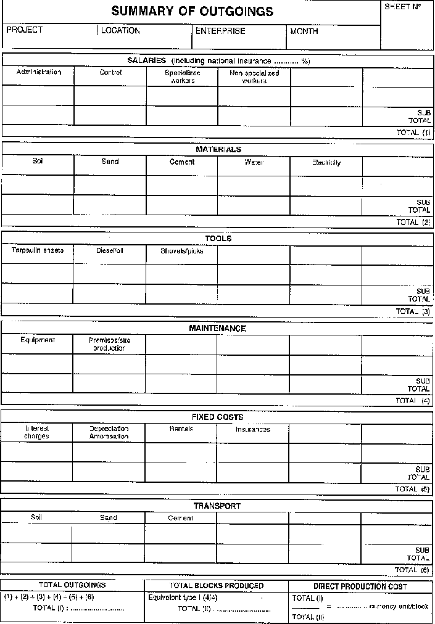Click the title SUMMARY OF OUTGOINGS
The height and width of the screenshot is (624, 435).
[x=192, y=12]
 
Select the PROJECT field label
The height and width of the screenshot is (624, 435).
[x=25, y=30]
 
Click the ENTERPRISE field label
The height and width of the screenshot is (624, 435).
[x=220, y=31]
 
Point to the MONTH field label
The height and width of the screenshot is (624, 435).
[x=304, y=31]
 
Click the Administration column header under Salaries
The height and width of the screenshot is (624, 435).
[x=39, y=72]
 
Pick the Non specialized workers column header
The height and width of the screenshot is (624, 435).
[x=254, y=76]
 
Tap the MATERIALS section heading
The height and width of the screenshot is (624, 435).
[x=218, y=149]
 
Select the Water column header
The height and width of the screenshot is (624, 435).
[x=254, y=162]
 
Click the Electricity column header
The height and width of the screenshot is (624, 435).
[x=326, y=163]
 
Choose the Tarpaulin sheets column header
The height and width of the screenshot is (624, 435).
[x=38, y=250]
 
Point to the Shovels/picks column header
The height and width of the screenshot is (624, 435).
[x=182, y=251]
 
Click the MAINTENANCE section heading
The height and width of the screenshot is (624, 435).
[x=217, y=329]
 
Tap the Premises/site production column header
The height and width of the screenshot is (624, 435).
[x=109, y=343]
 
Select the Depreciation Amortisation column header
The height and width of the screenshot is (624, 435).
[x=109, y=432]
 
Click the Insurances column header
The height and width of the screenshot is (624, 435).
[x=253, y=429]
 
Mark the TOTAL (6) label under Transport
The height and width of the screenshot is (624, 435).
[x=412, y=570]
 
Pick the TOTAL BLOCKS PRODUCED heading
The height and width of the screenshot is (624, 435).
[x=217, y=586]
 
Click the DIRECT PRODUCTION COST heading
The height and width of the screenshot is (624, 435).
[x=360, y=586]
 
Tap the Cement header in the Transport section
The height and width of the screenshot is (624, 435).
[x=181, y=518]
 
